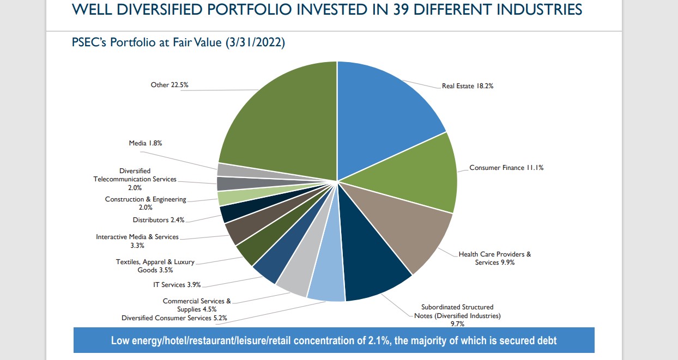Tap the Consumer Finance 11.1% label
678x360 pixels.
point(506,168)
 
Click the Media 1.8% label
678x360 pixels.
point(145,143)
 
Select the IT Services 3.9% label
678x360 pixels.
point(177,285)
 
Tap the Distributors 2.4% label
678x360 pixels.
point(159,220)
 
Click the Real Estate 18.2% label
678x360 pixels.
point(468,86)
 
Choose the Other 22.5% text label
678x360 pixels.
point(169,85)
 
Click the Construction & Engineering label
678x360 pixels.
point(146,203)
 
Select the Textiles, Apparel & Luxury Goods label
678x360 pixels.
point(155,266)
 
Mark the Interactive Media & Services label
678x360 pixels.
point(137,241)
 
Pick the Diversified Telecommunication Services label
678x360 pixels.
point(135,179)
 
